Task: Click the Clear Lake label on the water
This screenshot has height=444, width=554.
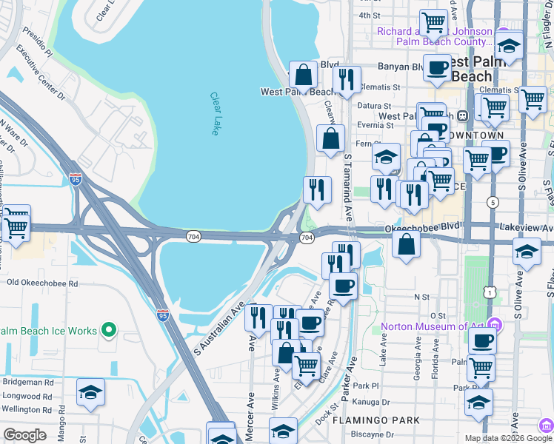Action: pos(215,113)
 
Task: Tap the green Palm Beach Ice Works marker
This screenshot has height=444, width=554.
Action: pos(110,330)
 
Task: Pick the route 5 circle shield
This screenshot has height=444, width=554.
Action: pos(492,202)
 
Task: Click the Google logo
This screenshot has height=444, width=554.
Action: pos(25,435)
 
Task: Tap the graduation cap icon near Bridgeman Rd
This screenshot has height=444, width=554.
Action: pos(90,392)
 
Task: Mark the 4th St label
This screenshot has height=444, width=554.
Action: pos(368,15)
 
